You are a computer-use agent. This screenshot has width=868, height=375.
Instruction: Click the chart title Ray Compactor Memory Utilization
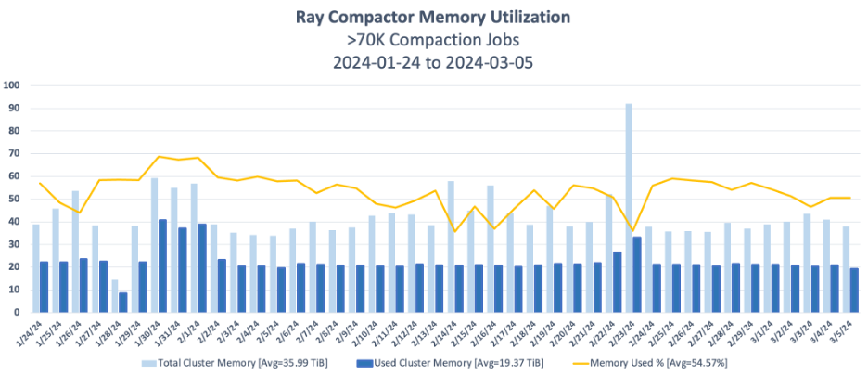(x=433, y=17)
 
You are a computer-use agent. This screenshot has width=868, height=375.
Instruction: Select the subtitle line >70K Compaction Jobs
(x=433, y=40)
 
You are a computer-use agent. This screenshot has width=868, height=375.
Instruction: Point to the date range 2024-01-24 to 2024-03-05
(x=433, y=63)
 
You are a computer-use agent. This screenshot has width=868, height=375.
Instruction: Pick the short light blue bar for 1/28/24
(x=115, y=295)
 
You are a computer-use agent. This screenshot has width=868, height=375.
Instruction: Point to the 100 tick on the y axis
(x=12, y=85)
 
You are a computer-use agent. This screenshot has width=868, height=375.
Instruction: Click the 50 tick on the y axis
(x=14, y=199)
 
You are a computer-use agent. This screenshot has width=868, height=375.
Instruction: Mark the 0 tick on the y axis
(x=17, y=313)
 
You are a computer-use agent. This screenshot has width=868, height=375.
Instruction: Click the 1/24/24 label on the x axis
(x=33, y=330)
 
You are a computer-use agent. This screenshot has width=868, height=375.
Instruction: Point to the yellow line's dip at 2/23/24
(x=632, y=231)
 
